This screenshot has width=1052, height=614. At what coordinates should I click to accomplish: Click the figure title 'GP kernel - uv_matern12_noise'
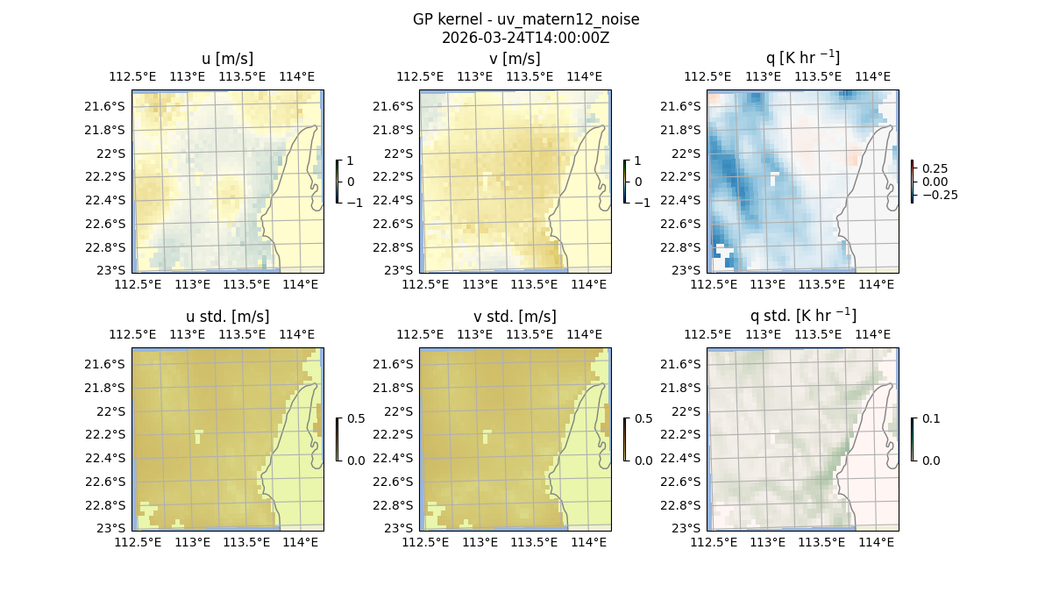525,19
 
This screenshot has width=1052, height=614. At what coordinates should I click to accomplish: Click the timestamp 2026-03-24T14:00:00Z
525,38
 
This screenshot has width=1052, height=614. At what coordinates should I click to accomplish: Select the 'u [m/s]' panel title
227,59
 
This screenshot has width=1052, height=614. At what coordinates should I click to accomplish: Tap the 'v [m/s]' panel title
515,59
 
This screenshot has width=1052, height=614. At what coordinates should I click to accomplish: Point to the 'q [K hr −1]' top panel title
802,58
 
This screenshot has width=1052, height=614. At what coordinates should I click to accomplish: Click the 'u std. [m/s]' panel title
227,317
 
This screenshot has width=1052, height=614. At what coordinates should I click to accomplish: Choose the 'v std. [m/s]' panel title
515,317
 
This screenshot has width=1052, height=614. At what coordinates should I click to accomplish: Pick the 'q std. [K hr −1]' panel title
802,316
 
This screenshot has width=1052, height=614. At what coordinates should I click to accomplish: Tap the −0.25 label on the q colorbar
939,195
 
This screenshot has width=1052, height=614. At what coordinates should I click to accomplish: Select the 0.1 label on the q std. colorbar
929,419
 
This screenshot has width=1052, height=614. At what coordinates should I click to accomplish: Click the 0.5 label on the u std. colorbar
355,419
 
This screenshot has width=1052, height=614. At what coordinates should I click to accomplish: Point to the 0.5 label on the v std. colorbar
643,419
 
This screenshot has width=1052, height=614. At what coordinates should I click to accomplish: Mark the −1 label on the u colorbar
354,203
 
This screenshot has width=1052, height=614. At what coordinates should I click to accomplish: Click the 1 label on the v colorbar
637,161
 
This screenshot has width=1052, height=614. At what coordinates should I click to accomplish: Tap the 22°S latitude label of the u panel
112,153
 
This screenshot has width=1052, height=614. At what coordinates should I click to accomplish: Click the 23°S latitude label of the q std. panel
687,528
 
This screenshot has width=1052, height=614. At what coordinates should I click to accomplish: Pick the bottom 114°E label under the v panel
588,284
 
